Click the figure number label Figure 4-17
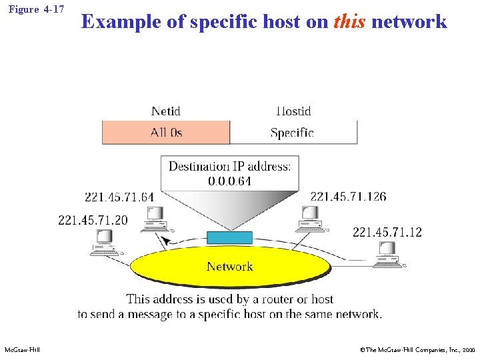(x=36, y=10)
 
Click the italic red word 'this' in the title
(x=349, y=21)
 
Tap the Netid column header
(x=165, y=111)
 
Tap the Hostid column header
(x=293, y=111)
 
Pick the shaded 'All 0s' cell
(x=166, y=133)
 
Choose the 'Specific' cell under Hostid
(x=292, y=133)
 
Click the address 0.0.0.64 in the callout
(x=229, y=181)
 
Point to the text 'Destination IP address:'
(x=229, y=166)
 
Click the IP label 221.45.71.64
(x=119, y=197)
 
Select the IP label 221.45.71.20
(x=93, y=220)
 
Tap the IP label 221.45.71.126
(x=348, y=196)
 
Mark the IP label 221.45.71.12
(x=387, y=232)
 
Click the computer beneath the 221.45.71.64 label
(x=155, y=219)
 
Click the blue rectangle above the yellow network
(x=229, y=237)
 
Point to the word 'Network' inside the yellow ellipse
(x=229, y=267)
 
